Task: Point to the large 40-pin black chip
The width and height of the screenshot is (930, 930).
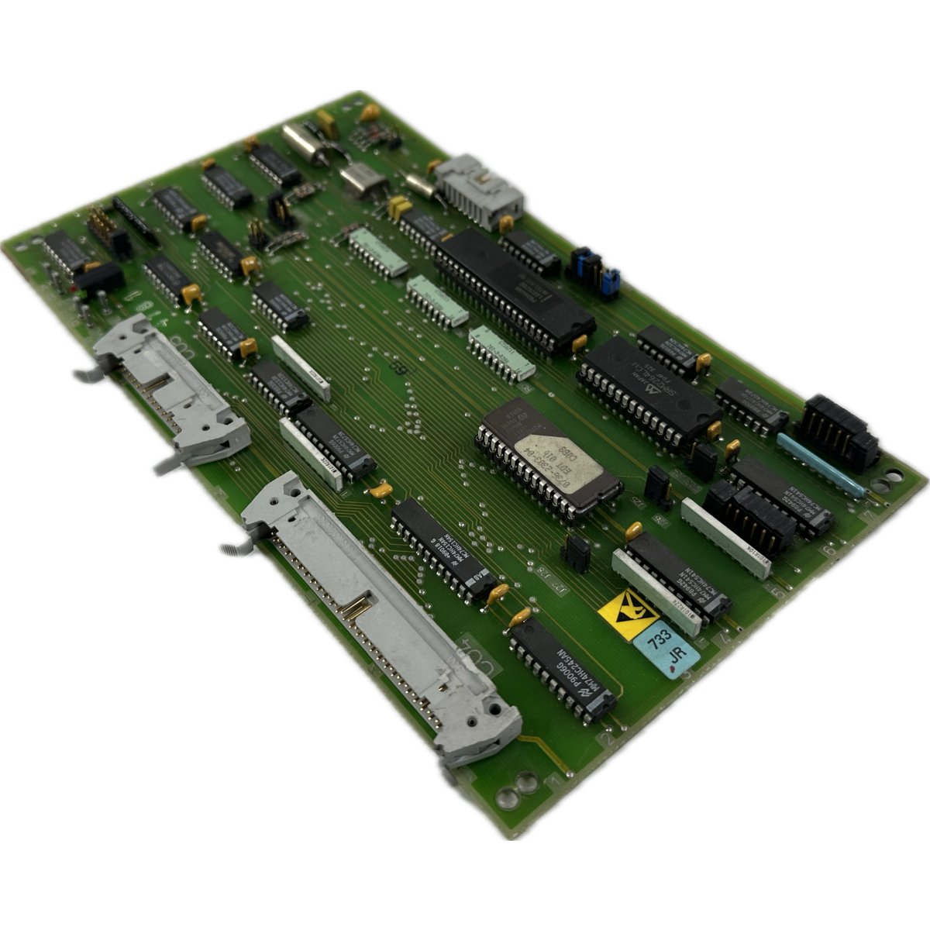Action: pos(511,290)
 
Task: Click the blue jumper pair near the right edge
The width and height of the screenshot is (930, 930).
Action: pos(595,273)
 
